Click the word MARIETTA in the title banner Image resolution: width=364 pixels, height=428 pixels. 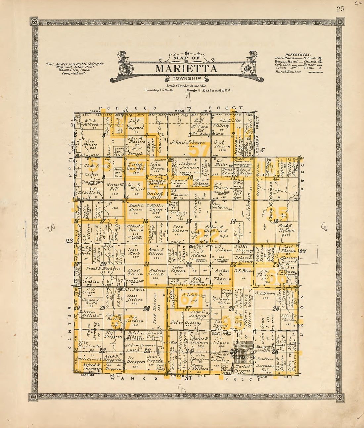point(186,69)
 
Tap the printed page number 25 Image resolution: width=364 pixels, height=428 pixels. point(340,9)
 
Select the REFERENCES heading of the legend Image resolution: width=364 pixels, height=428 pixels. point(298,55)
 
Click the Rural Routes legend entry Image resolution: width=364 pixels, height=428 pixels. point(288,72)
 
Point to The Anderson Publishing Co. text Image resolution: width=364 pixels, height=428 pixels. point(75,64)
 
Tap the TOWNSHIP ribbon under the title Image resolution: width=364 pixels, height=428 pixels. point(186,79)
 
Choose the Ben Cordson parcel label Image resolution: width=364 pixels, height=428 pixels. point(135,318)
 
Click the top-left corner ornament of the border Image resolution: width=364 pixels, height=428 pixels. point(34,22)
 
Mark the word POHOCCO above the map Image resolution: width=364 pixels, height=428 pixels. point(127,108)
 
